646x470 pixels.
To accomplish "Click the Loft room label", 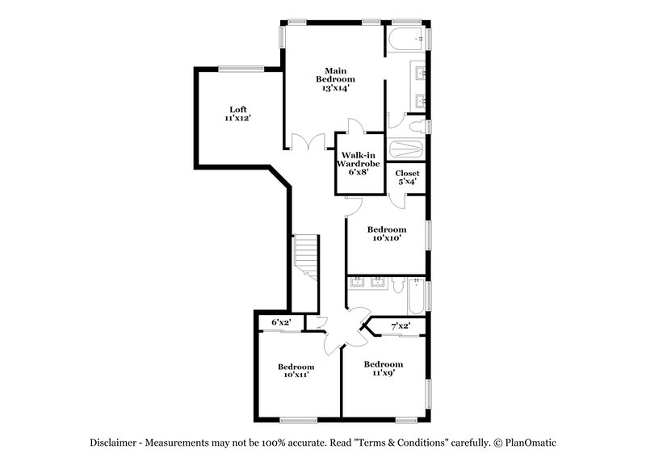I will point(237,114).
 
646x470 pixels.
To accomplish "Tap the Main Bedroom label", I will point(335,79).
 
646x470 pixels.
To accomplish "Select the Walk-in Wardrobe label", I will point(359,164).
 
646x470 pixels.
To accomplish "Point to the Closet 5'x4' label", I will point(407,178).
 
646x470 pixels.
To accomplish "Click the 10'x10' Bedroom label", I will point(387,233).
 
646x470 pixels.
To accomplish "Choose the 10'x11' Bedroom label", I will point(296,371).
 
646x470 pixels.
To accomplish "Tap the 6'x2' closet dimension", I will point(281,323).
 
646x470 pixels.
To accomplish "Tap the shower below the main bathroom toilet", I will point(406,149).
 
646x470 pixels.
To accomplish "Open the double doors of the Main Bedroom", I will point(300,142).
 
